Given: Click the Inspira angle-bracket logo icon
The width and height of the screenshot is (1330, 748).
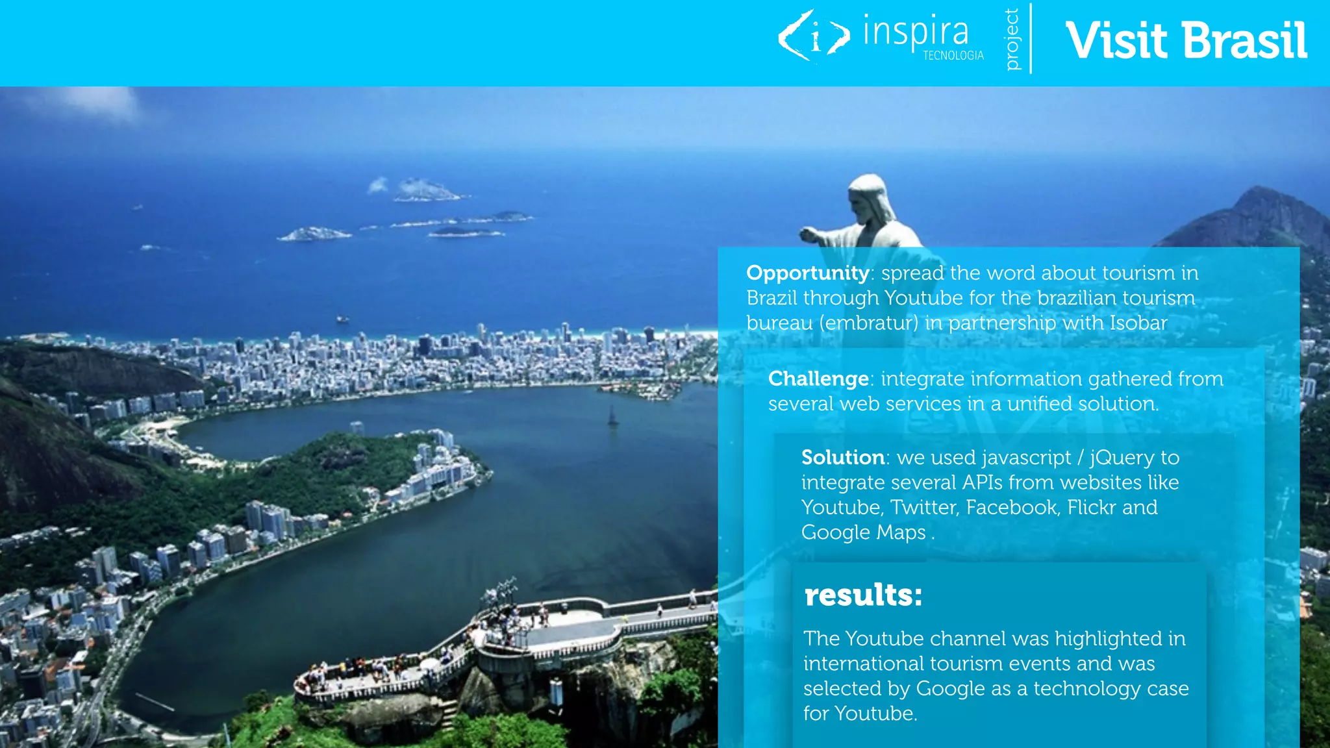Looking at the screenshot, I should [x=814, y=36].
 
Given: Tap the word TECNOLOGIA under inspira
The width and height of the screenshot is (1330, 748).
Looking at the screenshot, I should [x=953, y=56].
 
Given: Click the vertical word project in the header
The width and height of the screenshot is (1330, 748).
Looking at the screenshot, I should [x=1012, y=39].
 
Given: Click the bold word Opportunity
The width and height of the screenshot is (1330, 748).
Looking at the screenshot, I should [x=807, y=273].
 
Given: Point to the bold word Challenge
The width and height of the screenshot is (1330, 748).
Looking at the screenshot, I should [x=818, y=379].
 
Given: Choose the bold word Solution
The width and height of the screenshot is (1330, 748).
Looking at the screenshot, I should [x=843, y=457].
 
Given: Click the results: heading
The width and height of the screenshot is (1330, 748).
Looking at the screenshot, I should [x=862, y=595].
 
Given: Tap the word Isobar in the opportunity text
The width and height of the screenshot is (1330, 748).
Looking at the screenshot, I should [x=1138, y=323].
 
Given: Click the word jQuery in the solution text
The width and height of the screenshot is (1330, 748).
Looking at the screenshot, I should [x=1122, y=458].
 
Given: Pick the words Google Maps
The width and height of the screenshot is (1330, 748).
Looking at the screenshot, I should [x=863, y=532].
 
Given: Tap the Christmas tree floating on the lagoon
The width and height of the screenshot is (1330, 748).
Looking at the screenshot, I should [x=612, y=416].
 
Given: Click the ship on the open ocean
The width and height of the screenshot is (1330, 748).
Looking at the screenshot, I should [x=342, y=319].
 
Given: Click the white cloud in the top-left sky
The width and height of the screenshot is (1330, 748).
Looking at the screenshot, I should [x=97, y=104].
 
